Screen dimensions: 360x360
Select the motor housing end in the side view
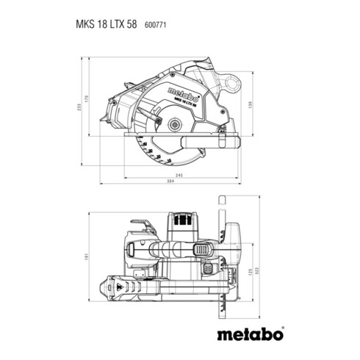tap(118, 116)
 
